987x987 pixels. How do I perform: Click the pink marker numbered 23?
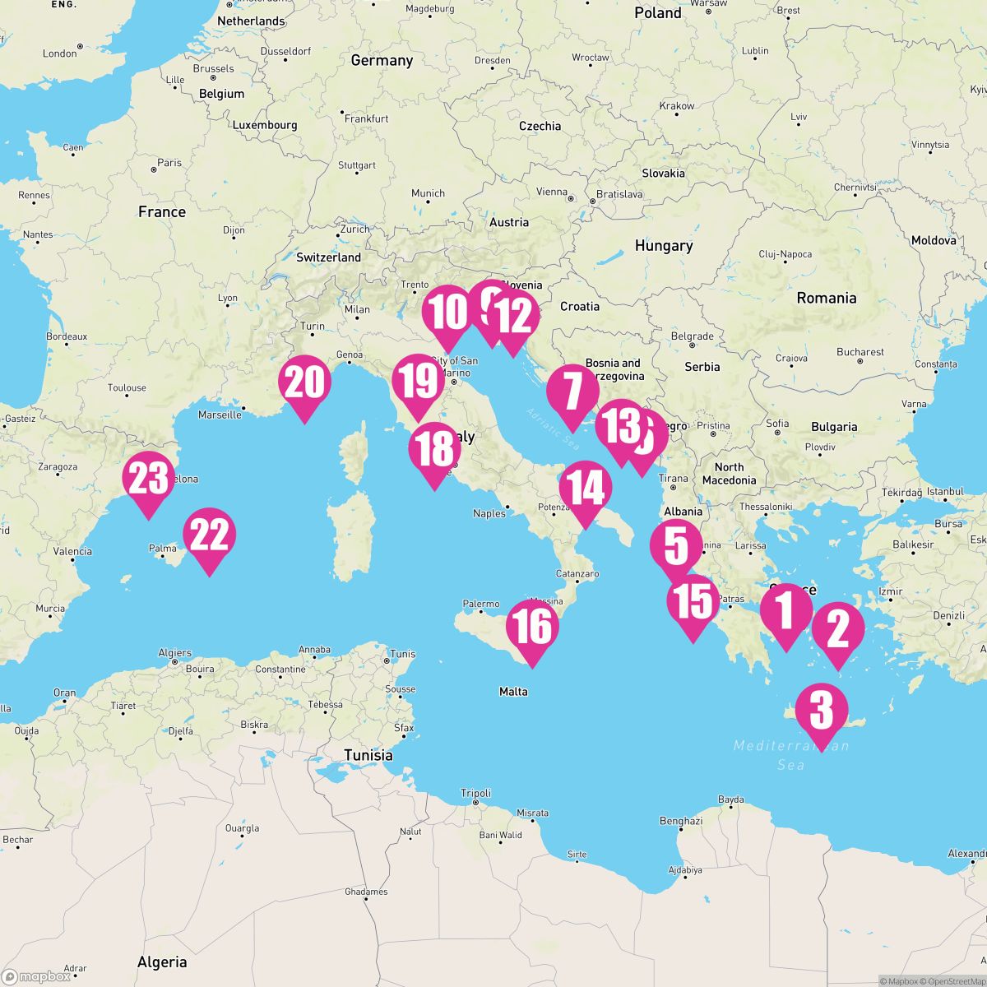click(x=148, y=480)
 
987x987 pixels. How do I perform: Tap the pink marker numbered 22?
click(x=210, y=536)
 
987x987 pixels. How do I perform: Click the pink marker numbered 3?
click(x=822, y=711)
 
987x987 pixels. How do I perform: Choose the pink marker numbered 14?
click(x=586, y=489)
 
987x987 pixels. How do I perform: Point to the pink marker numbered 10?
click(x=449, y=313)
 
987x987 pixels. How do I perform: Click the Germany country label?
click(x=382, y=60)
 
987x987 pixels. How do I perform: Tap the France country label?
click(x=162, y=211)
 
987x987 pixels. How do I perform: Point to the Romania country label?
click(x=826, y=298)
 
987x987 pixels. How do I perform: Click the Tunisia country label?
click(x=368, y=755)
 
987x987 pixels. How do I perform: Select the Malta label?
click(x=513, y=692)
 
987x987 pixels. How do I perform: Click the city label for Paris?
click(x=169, y=163)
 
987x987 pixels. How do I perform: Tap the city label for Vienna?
click(x=551, y=192)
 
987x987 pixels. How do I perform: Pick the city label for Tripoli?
click(x=475, y=793)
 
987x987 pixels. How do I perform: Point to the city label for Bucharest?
click(x=860, y=352)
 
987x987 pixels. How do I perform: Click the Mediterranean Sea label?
click(x=790, y=755)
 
